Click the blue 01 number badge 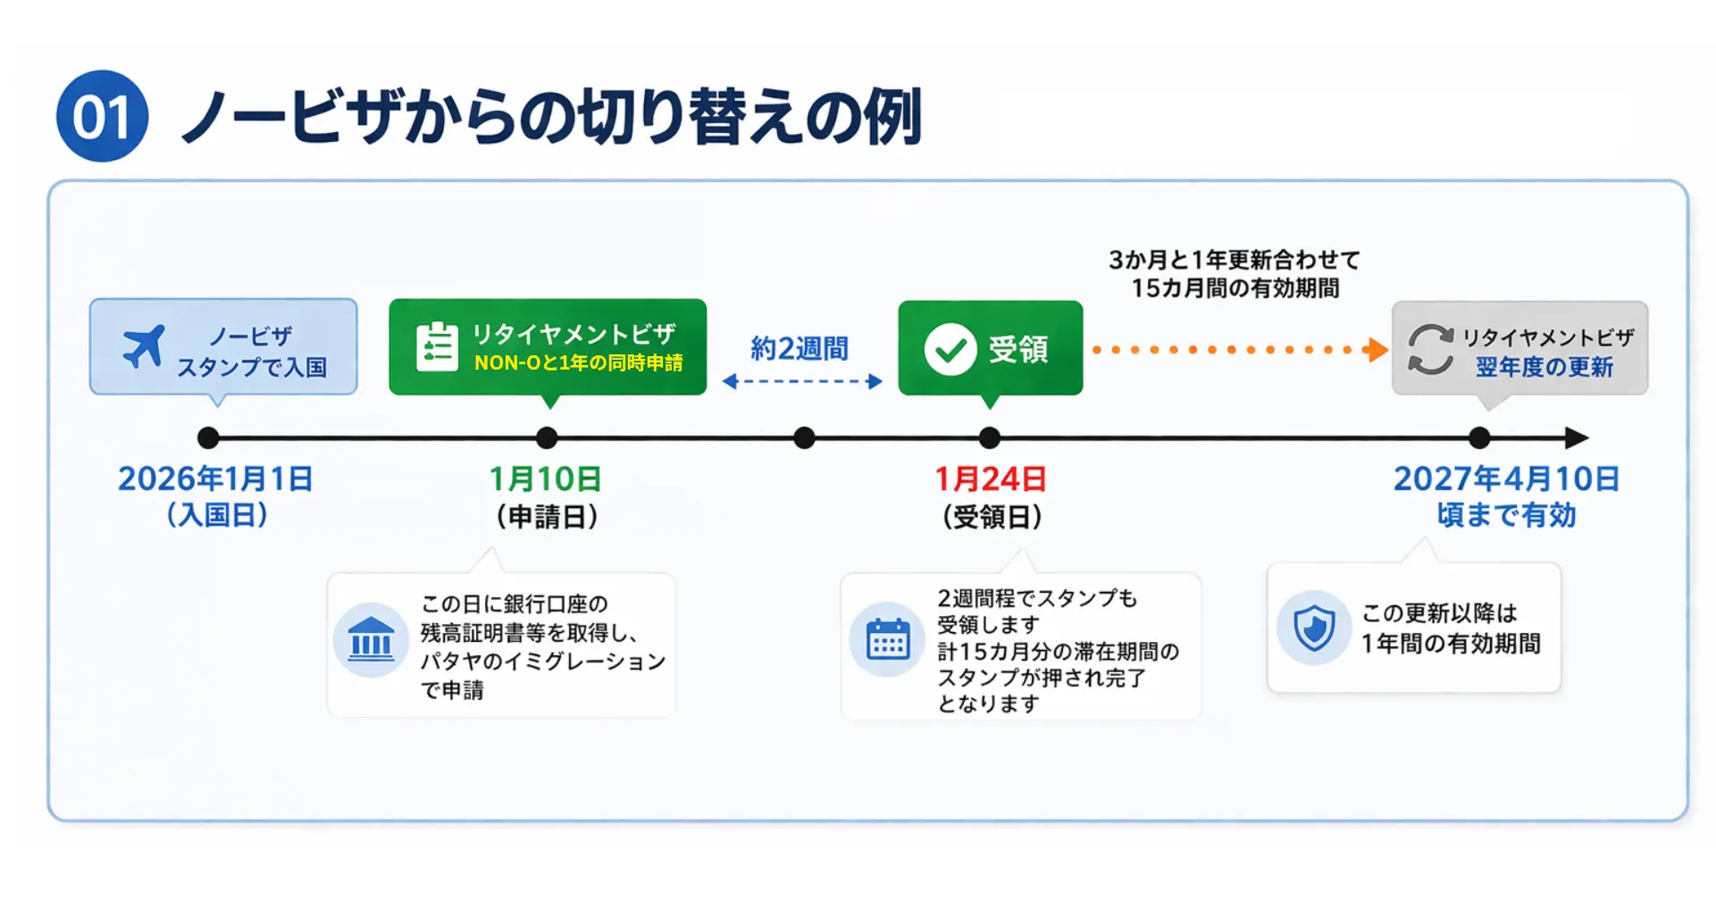tap(102, 116)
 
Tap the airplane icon tap(144, 346)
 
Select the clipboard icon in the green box tap(437, 346)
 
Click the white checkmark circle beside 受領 tap(950, 349)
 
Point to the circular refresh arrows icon tap(1431, 349)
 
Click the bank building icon tap(371, 639)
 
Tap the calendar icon tap(888, 639)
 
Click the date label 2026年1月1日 tap(215, 479)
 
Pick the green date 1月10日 tap(545, 479)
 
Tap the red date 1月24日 tap(991, 479)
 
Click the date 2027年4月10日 tap(1506, 479)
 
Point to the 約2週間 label tap(799, 348)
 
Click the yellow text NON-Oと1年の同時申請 tap(578, 363)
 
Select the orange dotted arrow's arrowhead tap(1377, 350)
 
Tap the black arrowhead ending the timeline tap(1577, 437)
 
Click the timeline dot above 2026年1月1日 tap(208, 437)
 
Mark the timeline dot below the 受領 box tap(990, 437)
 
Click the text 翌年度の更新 tap(1544, 367)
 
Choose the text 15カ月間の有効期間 tap(1235, 288)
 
